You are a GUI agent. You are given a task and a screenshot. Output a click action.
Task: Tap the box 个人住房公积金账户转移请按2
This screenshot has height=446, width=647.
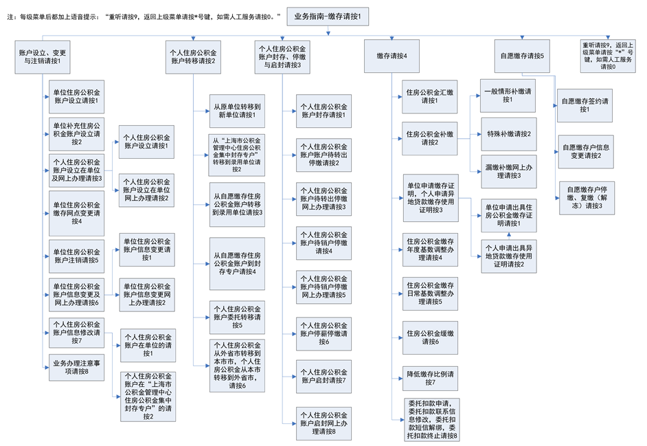194,56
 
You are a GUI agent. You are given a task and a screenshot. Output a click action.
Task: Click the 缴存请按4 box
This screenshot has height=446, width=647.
387,56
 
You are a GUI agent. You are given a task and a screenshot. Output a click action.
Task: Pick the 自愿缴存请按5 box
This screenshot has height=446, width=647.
523,56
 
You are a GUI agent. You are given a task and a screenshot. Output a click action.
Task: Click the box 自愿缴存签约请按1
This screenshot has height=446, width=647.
585,105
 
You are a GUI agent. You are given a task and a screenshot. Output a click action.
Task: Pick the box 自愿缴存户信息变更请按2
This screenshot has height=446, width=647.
585,151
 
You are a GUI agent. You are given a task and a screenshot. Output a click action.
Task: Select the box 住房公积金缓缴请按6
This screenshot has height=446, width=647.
430,337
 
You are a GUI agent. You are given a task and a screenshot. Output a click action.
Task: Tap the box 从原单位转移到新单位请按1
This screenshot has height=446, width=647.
237,110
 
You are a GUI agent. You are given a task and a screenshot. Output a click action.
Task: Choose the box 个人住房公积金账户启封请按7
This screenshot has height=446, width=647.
323,376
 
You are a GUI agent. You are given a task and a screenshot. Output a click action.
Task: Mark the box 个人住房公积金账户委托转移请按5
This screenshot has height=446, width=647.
237,317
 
